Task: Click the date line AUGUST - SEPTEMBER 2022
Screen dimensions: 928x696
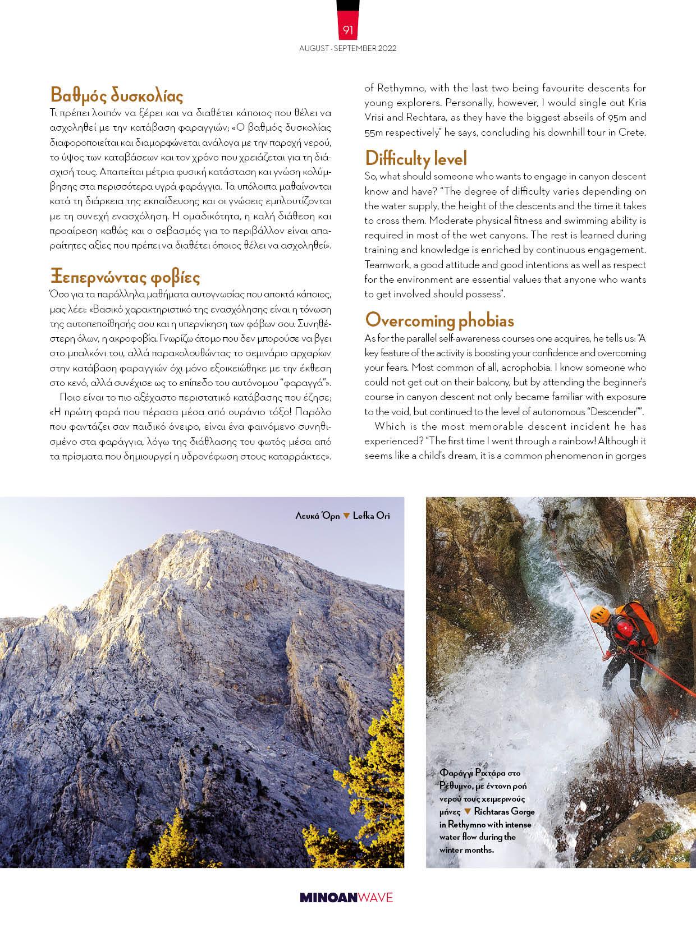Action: (348, 48)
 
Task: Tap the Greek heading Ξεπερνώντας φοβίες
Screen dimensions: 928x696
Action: (125, 277)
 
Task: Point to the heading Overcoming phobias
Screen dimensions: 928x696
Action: (439, 320)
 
